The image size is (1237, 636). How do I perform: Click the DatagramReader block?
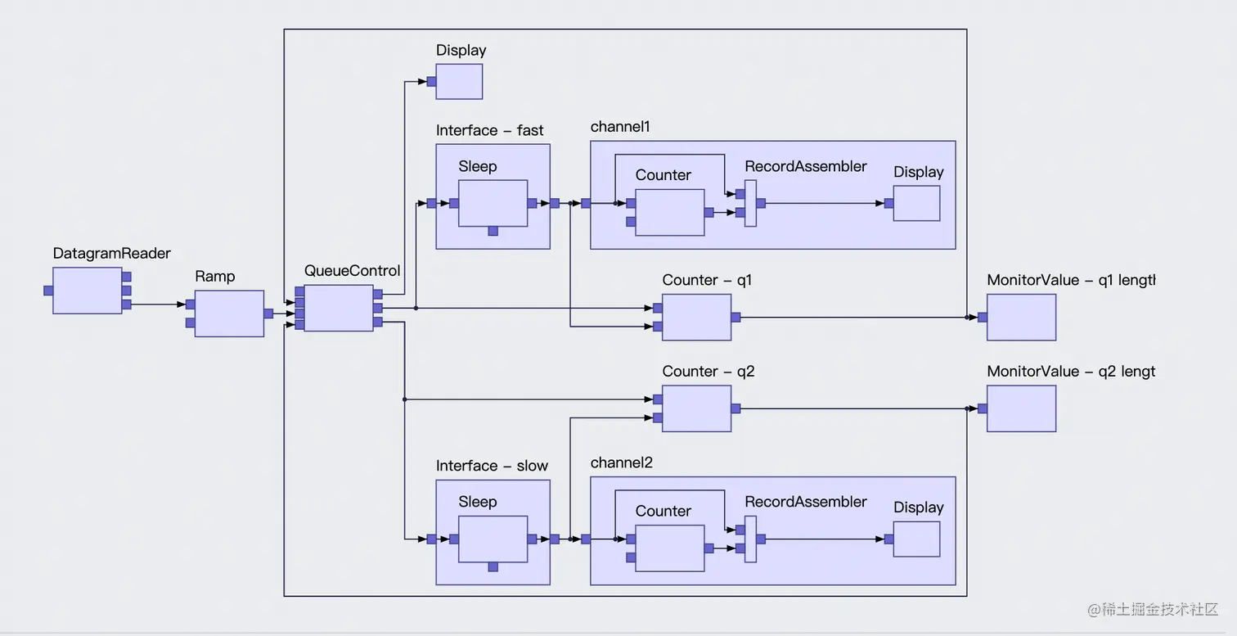(88, 291)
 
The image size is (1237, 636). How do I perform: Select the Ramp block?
(229, 313)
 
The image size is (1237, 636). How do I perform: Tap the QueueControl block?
(339, 308)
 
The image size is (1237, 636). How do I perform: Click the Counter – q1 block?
(696, 318)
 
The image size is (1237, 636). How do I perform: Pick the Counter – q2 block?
(696, 408)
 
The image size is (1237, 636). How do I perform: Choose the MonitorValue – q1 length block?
(1021, 318)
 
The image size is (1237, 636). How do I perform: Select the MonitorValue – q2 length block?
(1021, 408)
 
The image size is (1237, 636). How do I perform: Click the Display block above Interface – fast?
(459, 82)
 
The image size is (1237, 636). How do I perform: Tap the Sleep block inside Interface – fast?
(493, 203)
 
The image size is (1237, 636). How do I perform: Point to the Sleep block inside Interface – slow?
(493, 539)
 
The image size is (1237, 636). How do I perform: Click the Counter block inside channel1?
(669, 213)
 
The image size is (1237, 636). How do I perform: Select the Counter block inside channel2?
(669, 548)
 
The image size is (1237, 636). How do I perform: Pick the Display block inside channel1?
(916, 203)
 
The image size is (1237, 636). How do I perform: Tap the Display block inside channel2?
(916, 539)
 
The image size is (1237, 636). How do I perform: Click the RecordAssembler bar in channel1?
(750, 203)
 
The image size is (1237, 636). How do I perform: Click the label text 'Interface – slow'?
(492, 466)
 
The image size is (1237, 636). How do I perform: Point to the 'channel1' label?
(619, 127)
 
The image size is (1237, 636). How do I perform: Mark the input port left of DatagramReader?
(48, 291)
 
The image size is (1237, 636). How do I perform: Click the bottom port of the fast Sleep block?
(493, 232)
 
